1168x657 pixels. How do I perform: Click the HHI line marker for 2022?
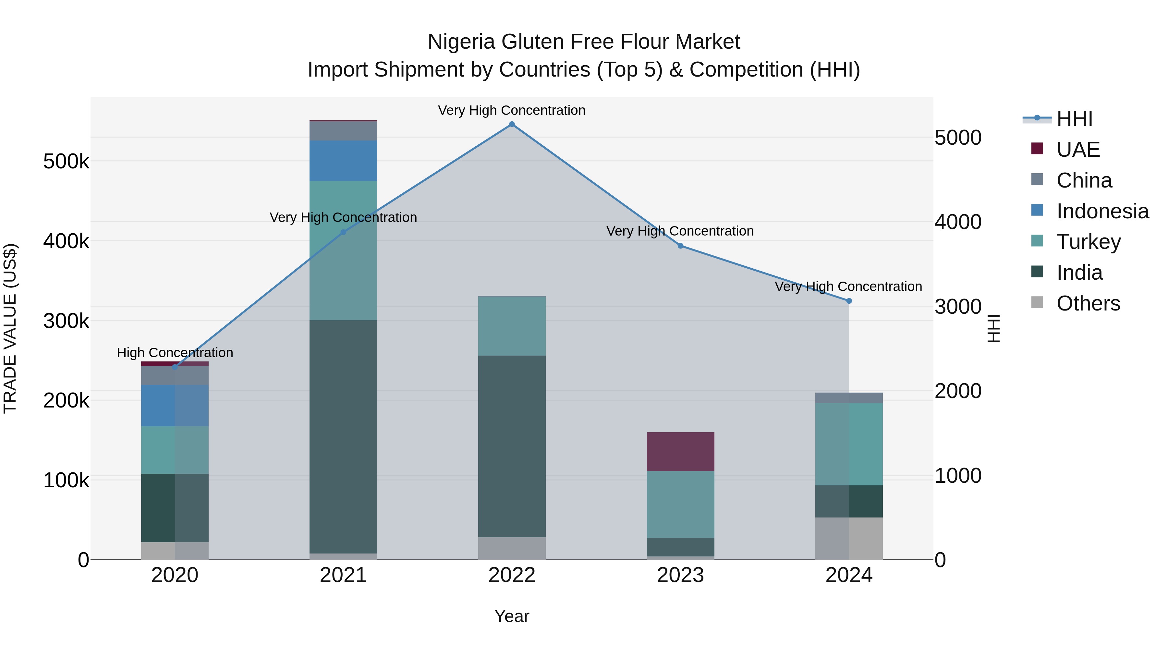click(x=512, y=124)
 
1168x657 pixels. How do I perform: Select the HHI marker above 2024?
click(x=849, y=301)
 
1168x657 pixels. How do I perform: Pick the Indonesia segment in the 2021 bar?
click(x=343, y=161)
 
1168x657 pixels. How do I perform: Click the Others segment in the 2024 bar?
click(x=849, y=538)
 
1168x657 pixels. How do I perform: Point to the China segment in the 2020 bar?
click(x=175, y=375)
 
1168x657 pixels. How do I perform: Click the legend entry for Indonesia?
click(x=1102, y=211)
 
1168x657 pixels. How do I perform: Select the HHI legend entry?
click(x=1074, y=119)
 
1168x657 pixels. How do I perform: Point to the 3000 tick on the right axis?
click(x=958, y=307)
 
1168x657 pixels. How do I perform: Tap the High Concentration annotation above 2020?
click(x=175, y=352)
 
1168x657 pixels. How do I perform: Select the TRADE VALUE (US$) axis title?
click(x=10, y=328)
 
